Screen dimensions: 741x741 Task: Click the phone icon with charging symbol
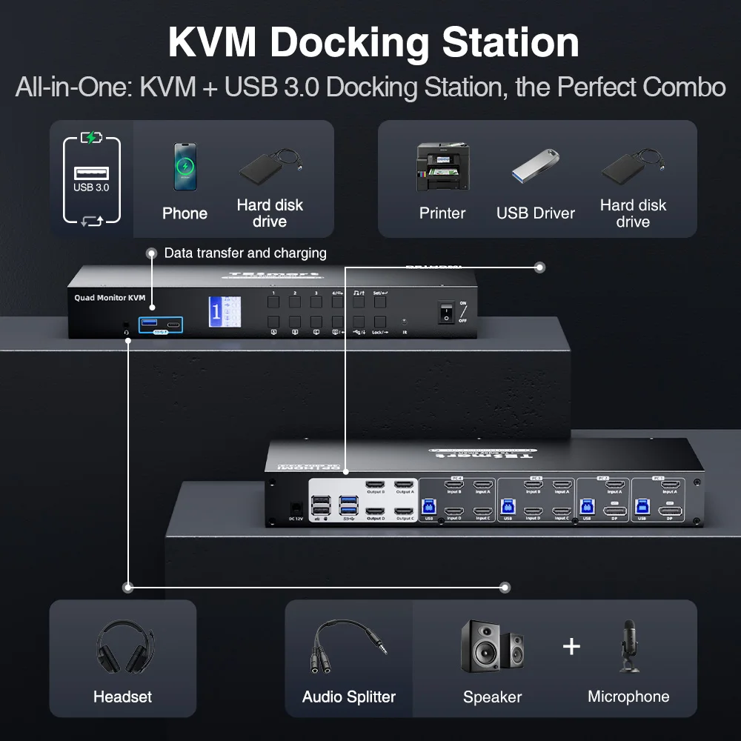(185, 167)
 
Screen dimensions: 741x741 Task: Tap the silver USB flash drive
(535, 166)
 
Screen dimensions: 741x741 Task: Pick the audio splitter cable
(348, 648)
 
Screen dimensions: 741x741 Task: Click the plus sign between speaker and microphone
(571, 646)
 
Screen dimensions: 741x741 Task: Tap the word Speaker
(492, 697)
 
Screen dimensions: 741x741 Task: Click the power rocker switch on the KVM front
(446, 311)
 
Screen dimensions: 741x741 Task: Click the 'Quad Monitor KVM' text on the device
(110, 298)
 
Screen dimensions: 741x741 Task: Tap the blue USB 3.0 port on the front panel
(147, 324)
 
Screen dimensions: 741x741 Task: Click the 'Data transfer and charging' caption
(245, 253)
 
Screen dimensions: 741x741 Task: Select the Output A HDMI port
(404, 485)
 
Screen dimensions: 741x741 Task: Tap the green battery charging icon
(91, 138)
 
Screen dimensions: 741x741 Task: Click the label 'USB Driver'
(536, 213)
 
